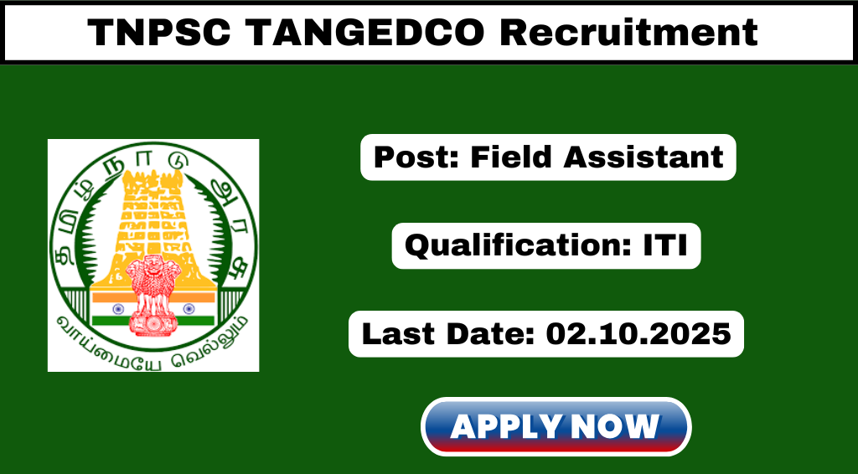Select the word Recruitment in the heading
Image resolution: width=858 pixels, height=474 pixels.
(628, 33)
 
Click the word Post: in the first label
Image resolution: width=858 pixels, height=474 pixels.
(417, 157)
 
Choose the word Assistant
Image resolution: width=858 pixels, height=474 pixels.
(643, 157)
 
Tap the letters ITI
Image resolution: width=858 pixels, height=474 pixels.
(665, 245)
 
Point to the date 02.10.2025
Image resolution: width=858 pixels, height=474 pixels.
(638, 334)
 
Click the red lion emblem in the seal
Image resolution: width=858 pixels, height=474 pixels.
(153, 296)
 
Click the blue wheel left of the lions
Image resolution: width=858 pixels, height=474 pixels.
(118, 309)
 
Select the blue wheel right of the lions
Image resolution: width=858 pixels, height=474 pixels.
(189, 309)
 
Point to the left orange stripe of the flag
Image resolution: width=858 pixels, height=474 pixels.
(110, 296)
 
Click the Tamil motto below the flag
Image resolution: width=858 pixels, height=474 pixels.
(153, 344)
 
